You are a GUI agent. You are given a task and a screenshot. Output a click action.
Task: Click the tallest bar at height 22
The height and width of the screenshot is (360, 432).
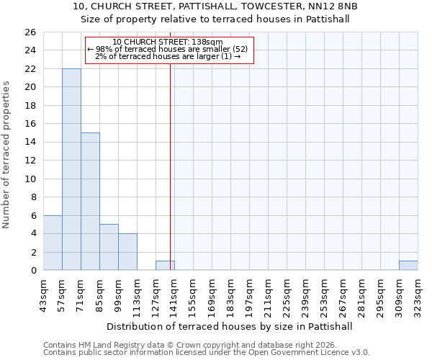click(x=71, y=169)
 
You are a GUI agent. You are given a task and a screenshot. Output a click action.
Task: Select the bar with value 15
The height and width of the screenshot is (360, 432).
click(x=90, y=202)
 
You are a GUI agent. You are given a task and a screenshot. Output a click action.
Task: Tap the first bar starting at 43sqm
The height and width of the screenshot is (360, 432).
click(x=53, y=243)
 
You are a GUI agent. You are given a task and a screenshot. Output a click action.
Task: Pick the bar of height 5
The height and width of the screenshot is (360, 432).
click(x=109, y=247)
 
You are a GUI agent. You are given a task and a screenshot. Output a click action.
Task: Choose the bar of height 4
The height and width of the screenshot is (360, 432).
click(x=127, y=252)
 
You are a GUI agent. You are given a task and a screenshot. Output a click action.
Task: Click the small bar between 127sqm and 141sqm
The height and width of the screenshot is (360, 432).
click(x=165, y=266)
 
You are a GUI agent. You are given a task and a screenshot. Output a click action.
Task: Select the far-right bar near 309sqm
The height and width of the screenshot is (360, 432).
click(x=408, y=266)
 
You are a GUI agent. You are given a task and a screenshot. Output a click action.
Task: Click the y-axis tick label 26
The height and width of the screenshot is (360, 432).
click(x=30, y=32)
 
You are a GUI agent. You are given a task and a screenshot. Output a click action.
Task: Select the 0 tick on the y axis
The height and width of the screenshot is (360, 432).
click(x=32, y=271)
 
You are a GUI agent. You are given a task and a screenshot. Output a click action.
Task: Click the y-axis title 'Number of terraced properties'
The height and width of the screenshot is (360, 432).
click(x=7, y=155)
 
